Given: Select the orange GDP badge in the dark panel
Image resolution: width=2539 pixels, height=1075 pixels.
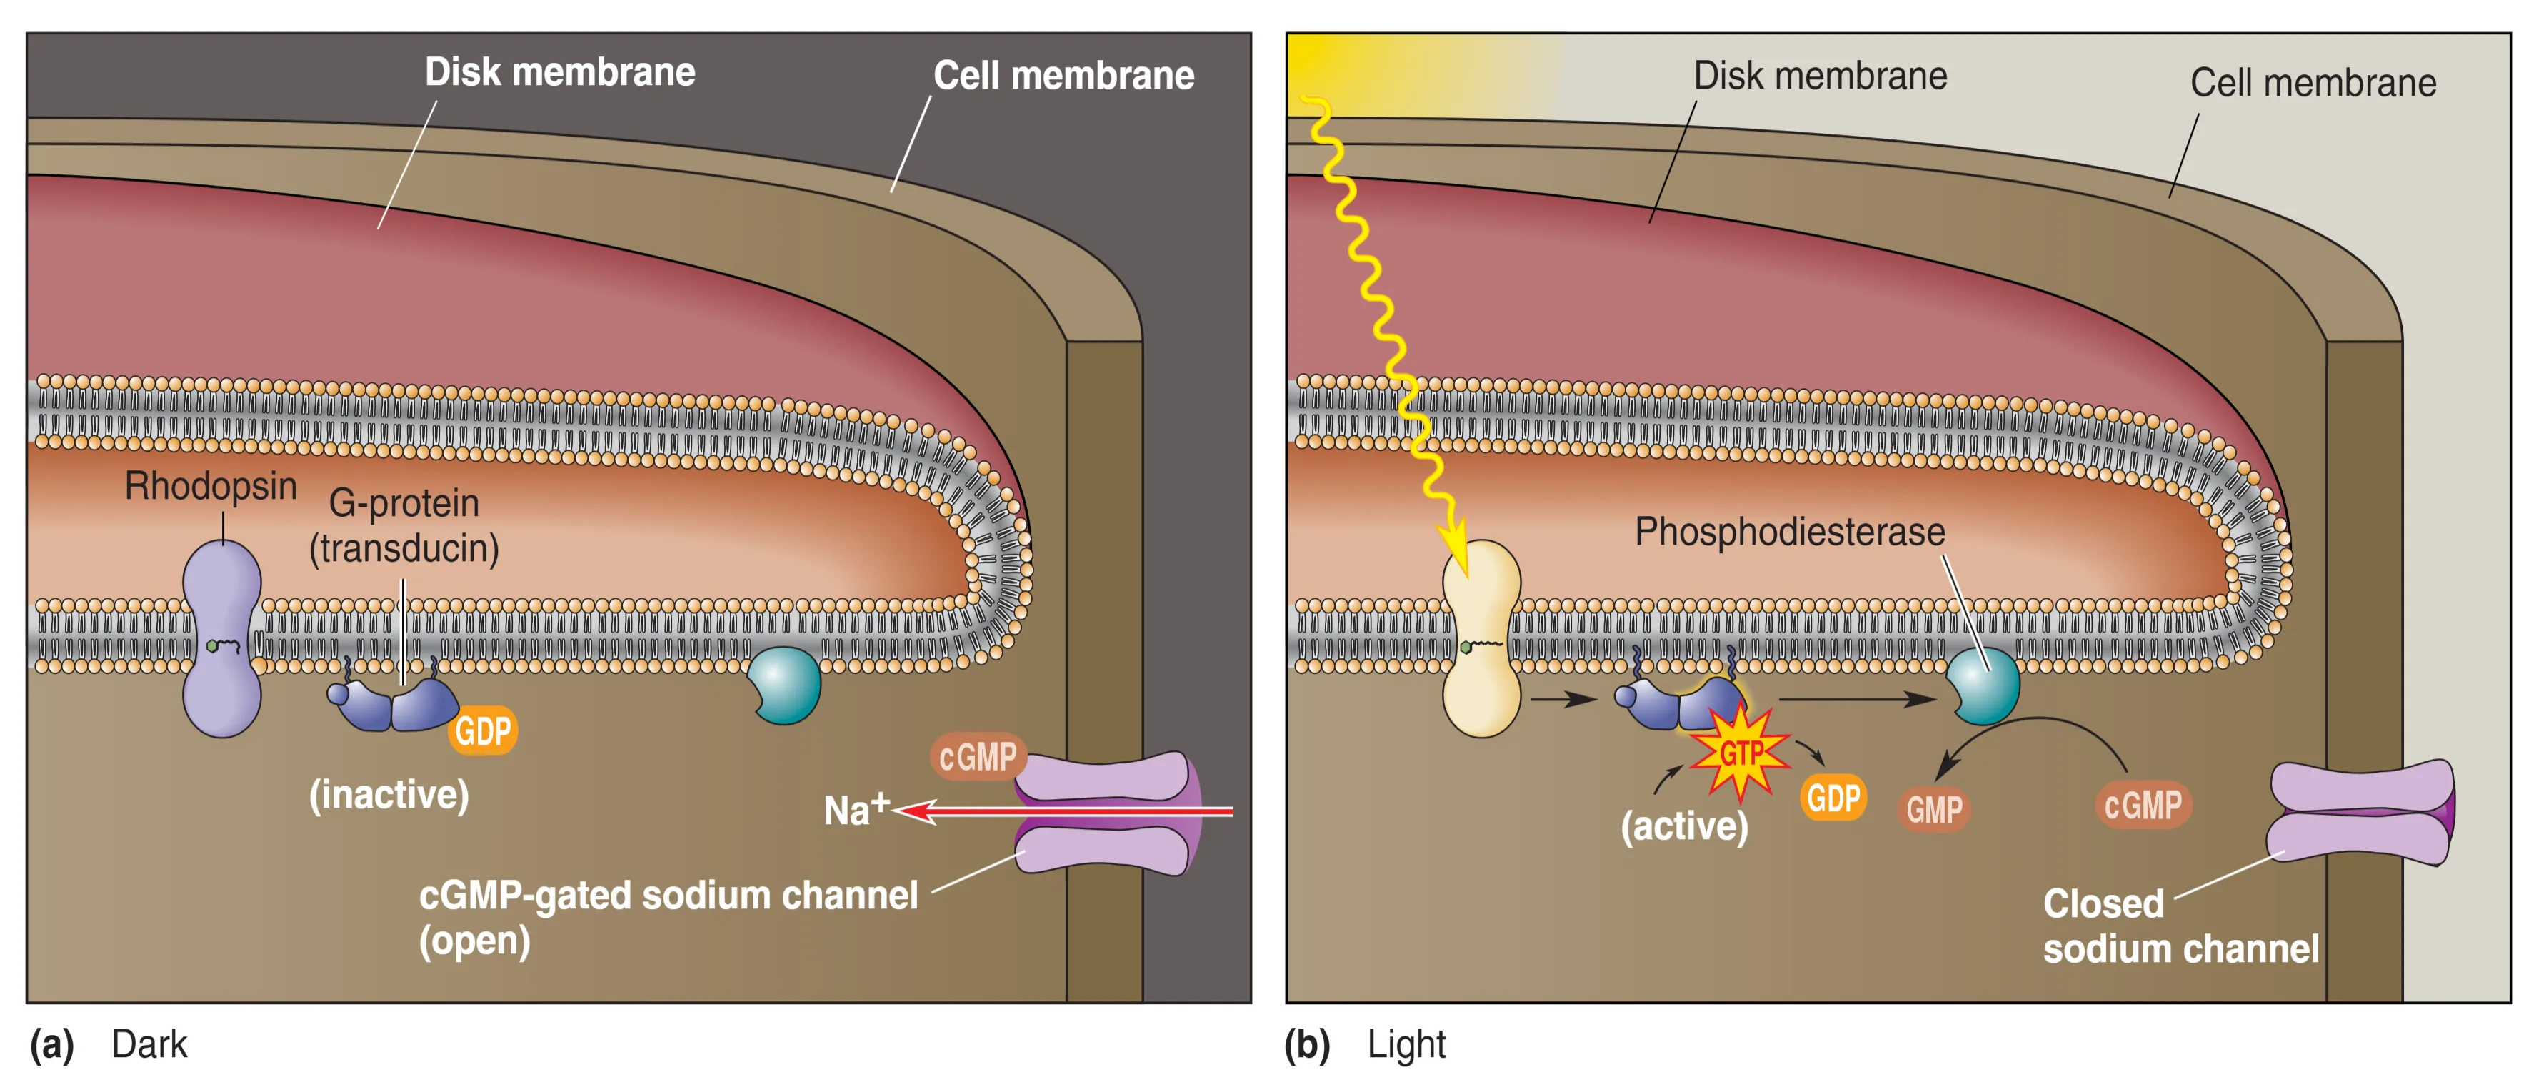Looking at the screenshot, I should click(483, 730).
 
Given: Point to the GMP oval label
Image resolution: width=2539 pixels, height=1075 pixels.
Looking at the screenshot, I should click(1934, 810).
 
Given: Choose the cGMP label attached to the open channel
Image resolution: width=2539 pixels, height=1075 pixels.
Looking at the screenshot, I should click(977, 756).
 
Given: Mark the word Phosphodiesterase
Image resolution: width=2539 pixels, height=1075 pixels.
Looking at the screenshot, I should click(1789, 532).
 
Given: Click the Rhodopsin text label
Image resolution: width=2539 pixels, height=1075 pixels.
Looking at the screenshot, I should click(210, 485).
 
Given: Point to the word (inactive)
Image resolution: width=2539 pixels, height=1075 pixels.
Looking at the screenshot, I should click(389, 794).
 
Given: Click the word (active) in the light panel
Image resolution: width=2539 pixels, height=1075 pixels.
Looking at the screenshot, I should click(1683, 826).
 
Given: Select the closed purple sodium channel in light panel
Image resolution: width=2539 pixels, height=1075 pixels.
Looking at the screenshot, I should click(2360, 812).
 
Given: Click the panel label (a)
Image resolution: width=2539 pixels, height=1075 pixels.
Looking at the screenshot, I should click(51, 1044).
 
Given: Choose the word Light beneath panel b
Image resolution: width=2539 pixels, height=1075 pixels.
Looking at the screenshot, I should click(1406, 1044).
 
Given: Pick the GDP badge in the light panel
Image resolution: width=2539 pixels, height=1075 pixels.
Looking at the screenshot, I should click(1833, 797).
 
